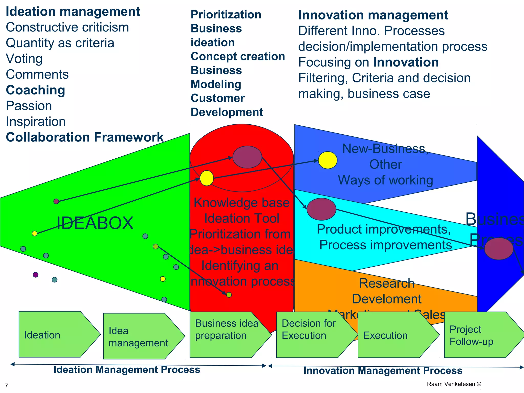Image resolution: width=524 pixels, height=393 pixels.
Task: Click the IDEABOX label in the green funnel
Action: click(95, 223)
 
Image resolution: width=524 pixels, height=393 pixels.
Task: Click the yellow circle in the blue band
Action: click(327, 160)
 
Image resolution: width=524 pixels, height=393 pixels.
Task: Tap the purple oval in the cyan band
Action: click(321, 209)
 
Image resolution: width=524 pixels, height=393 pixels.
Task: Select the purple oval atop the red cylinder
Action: click(247, 157)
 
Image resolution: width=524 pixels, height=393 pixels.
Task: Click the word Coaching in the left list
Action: click(36, 90)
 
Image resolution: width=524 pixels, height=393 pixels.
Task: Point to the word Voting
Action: click(24, 59)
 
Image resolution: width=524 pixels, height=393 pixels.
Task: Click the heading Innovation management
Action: click(373, 15)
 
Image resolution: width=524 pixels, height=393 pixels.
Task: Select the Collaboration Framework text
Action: click(84, 137)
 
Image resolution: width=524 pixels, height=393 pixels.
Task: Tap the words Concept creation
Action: click(238, 57)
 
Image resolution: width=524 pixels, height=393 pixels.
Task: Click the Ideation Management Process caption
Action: click(127, 370)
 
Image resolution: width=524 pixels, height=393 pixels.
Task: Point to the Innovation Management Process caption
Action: click(383, 371)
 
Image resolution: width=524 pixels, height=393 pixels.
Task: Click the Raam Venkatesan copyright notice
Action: click(454, 384)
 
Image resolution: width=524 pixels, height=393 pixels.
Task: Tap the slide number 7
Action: click(6, 386)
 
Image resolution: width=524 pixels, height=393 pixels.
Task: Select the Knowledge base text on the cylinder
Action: click(242, 203)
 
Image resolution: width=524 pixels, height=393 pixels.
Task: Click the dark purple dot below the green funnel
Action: click(36, 275)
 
